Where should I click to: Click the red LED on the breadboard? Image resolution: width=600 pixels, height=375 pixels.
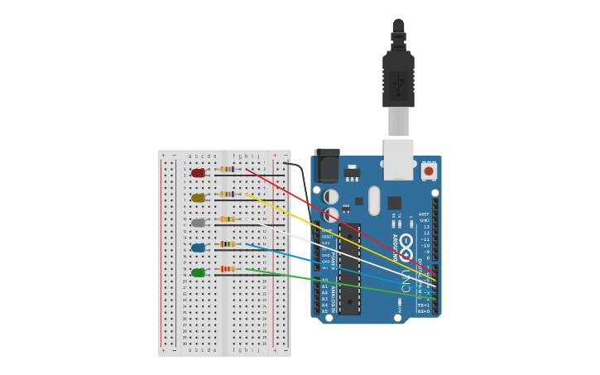coord(198,173)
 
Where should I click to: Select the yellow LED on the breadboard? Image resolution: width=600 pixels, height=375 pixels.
coord(198,198)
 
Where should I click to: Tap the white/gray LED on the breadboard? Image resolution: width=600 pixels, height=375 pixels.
coord(198,223)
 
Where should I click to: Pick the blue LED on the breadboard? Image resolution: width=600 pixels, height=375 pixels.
coord(198,248)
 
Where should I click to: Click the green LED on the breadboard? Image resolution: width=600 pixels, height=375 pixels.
coord(198,272)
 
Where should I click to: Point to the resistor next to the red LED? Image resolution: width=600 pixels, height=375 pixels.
coord(226,170)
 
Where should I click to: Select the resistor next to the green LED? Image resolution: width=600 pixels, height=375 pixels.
coord(227,269)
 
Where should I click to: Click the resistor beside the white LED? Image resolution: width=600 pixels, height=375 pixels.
coord(227,219)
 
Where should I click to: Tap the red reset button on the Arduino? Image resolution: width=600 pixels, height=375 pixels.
coord(429,171)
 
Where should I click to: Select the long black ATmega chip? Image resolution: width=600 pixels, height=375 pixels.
coord(349,269)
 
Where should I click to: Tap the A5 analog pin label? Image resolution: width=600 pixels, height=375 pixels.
coord(324,311)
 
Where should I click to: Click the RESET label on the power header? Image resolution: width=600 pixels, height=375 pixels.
coord(327,237)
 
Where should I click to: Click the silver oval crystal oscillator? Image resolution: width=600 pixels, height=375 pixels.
coord(374,200)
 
